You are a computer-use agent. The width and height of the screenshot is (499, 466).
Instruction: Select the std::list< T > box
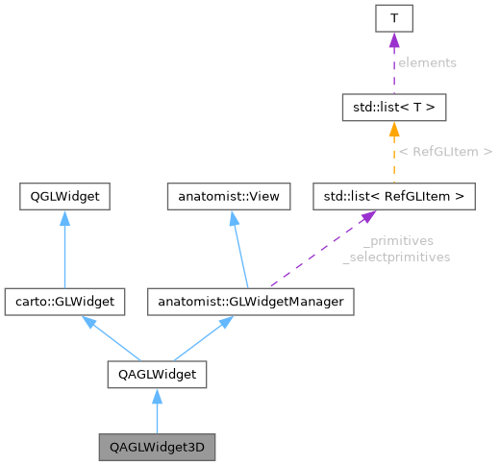coord(393,107)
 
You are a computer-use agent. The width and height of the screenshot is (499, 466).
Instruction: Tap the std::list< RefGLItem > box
coord(393,197)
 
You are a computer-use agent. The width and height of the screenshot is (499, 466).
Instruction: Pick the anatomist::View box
coord(223,197)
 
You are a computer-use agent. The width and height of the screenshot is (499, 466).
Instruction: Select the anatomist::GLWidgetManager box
coord(244,302)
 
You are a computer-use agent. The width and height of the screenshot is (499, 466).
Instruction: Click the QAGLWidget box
coord(156,372)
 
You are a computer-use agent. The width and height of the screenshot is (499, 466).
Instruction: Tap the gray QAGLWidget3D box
coord(156,447)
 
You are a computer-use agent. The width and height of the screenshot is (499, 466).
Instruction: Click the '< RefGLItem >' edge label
coord(445,151)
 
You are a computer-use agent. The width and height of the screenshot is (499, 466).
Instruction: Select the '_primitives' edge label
coord(398,242)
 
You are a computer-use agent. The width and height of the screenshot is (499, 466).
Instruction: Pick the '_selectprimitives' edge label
coord(396,257)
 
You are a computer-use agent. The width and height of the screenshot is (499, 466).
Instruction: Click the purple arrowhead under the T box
coord(393,43)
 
